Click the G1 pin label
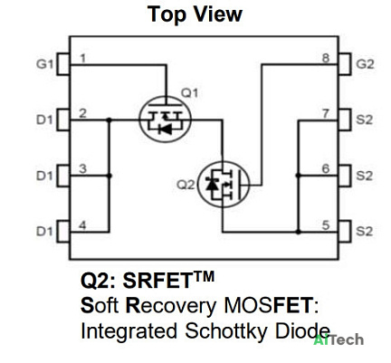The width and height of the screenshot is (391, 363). coord(44,64)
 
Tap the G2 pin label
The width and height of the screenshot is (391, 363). coord(365,64)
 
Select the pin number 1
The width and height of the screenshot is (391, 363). coord(83,58)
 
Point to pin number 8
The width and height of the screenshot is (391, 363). coord(326,58)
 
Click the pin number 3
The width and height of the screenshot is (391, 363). coord(83,169)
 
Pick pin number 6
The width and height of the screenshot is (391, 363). coord(326,169)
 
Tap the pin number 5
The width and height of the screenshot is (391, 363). coord(326,225)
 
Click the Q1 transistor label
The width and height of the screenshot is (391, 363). coord(189,93)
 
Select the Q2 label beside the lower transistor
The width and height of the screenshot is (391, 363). coord(186,185)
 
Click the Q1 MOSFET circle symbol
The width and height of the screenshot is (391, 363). coord(165,96)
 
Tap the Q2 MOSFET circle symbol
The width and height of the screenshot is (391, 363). coord(224,162)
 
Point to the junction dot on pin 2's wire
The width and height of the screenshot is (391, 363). coord(110,120)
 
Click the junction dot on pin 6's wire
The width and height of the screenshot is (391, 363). coord(298,176)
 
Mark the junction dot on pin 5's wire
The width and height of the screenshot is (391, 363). coord(298,232)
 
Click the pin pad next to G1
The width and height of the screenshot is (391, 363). coord(63,64)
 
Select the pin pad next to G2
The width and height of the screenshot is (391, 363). coord(344,64)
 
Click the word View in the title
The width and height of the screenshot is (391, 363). coord(217,14)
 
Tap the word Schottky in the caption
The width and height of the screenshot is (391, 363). coord(225,331)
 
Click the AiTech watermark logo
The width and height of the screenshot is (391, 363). coord(339,339)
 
